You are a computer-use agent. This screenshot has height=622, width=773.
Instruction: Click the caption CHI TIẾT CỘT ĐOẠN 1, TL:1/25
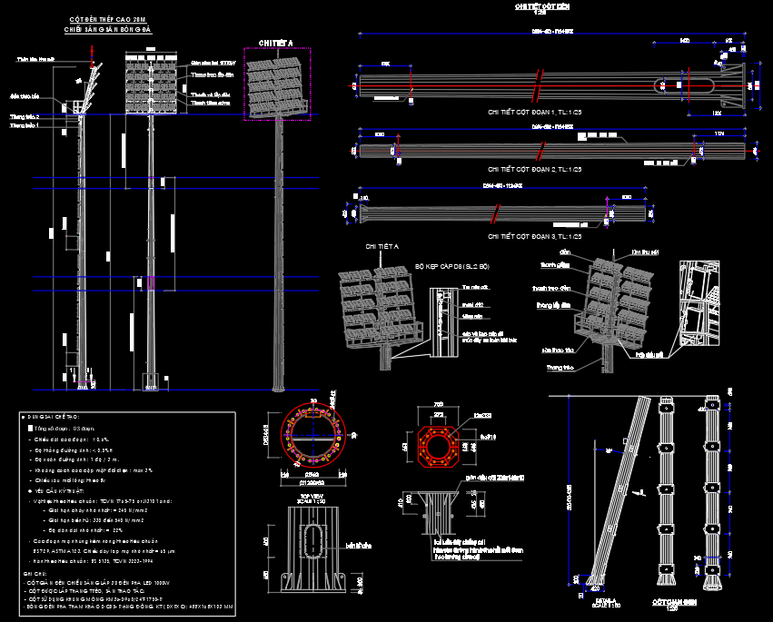coord(535,112)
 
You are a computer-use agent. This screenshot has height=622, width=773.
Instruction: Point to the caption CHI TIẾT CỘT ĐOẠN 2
coord(535,170)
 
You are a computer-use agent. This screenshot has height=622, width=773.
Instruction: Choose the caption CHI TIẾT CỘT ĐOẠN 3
coord(535,236)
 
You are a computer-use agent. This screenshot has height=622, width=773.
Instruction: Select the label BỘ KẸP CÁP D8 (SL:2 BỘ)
coord(451,267)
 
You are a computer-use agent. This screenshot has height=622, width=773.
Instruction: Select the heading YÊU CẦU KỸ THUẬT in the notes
coord(54,490)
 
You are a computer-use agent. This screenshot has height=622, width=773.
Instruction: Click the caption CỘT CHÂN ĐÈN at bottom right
coord(673,602)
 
